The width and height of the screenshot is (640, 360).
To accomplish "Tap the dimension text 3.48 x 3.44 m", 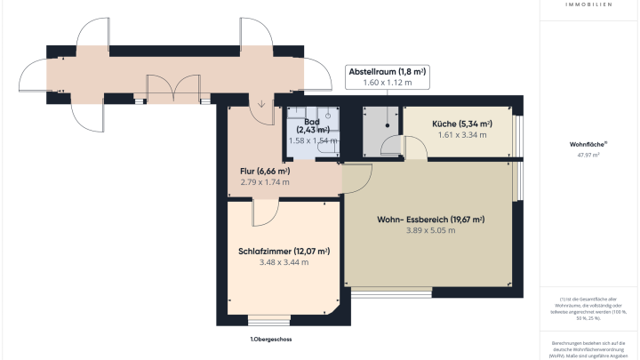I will tap(284, 262).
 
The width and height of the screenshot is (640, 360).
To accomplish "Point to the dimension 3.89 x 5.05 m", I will tap(431, 231).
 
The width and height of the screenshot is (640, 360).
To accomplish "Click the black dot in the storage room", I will tap(388, 125).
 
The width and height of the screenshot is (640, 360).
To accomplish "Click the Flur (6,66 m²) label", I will tap(265, 171).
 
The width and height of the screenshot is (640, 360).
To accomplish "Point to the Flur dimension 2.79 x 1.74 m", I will tap(265, 182).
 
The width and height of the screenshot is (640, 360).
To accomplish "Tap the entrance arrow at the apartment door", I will tap(262, 106).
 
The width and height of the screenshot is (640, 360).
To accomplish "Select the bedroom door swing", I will tap(265, 213).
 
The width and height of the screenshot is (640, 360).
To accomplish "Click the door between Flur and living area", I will tap(356, 178).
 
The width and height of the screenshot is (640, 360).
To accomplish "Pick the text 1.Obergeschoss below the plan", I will tap(271, 340).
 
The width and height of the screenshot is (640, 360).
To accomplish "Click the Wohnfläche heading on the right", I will tap(588, 143).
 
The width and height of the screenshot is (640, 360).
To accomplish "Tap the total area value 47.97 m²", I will tap(588, 155).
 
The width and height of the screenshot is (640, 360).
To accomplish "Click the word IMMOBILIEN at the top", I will tap(588, 4).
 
